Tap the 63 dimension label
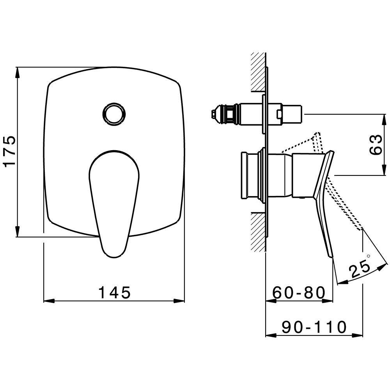(376, 145)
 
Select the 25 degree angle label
(359, 268)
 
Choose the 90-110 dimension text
(314, 327)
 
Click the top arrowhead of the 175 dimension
(17, 73)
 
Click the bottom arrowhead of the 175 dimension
(17, 231)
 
